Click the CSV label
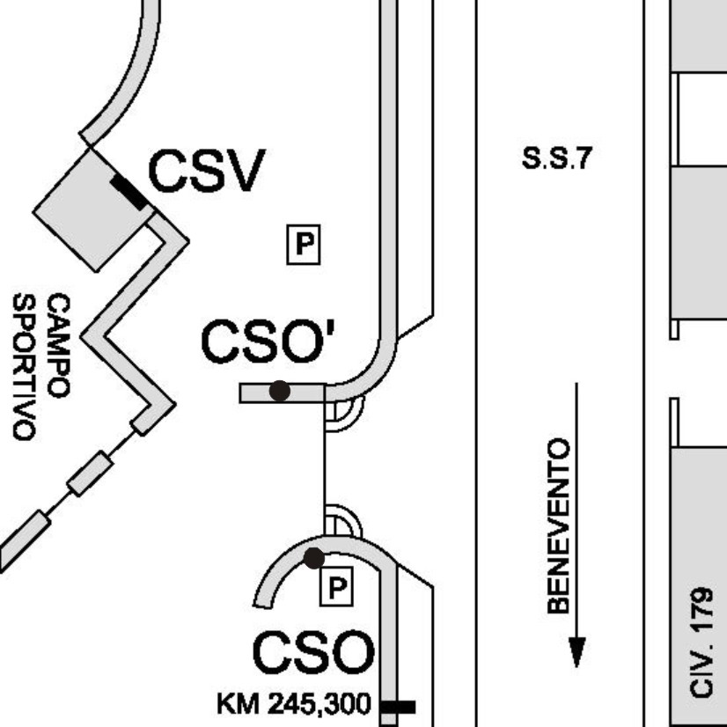click(207, 170)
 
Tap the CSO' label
click(268, 341)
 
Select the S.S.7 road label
click(557, 158)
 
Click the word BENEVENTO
click(559, 525)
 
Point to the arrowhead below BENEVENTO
click(576, 651)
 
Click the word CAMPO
click(58, 345)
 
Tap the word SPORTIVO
click(24, 367)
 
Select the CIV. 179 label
click(701, 643)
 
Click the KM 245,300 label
click(294, 704)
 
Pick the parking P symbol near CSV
click(304, 245)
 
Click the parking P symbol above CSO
click(336, 586)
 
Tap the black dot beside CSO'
click(280, 391)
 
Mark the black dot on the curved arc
click(314, 558)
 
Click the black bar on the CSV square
click(129, 193)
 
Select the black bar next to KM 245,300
click(398, 707)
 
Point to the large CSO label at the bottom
click(313, 652)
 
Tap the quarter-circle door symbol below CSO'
click(344, 414)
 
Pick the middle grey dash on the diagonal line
click(90, 473)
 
